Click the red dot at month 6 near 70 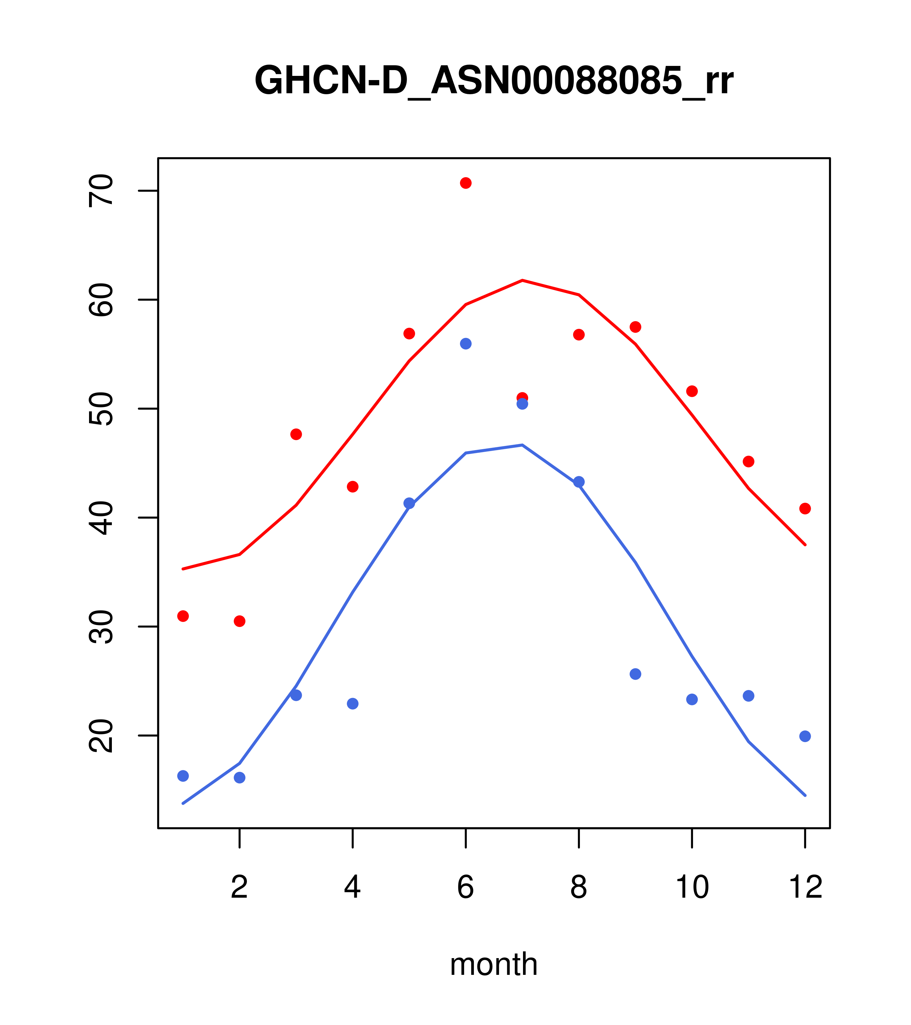(466, 183)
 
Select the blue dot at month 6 (466, 343)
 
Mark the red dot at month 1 (183, 616)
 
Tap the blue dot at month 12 (805, 736)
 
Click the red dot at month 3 (296, 434)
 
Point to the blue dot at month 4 (353, 703)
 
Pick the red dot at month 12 (805, 509)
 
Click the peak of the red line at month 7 (522, 280)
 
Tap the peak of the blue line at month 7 (522, 445)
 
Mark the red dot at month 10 (692, 391)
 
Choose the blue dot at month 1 (183, 776)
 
